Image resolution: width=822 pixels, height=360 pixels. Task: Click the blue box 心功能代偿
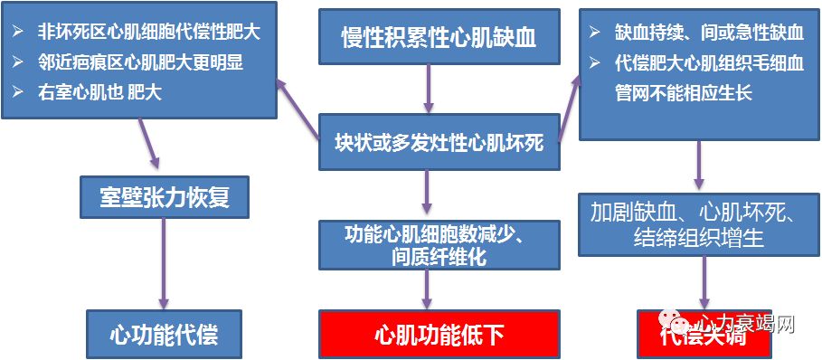click(164, 334)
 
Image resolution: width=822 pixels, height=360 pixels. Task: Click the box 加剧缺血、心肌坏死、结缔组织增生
click(692, 224)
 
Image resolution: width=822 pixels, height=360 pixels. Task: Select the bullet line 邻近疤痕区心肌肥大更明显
click(140, 63)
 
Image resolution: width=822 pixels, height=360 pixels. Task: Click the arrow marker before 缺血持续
click(594, 33)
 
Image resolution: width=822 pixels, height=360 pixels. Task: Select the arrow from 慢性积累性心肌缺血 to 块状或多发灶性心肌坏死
click(427, 89)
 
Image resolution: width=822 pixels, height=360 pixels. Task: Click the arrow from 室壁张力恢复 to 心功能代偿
click(164, 262)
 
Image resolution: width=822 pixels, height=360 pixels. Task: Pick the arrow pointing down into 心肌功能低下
click(427, 289)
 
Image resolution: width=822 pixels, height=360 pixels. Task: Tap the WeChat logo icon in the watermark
click(675, 321)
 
